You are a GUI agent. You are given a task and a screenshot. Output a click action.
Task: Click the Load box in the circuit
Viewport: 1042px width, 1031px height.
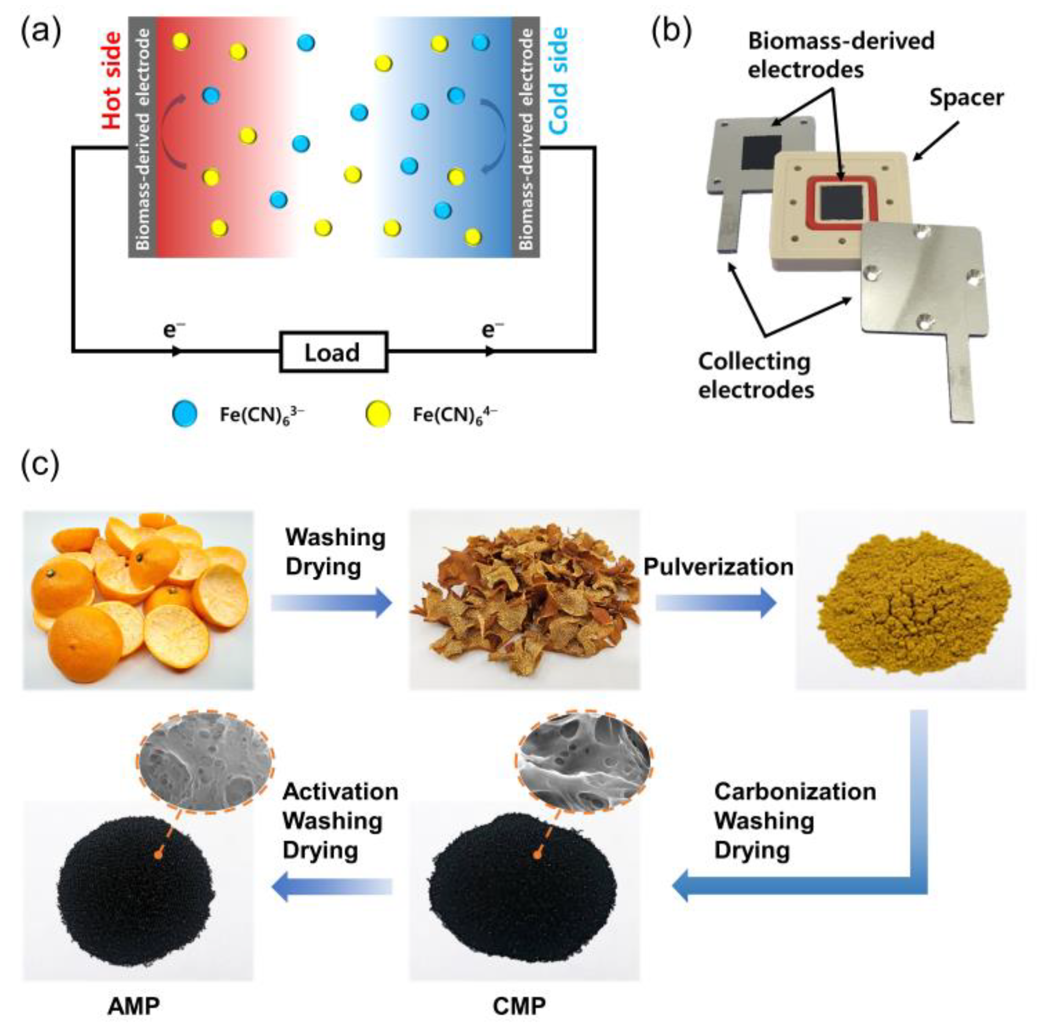[x=333, y=352]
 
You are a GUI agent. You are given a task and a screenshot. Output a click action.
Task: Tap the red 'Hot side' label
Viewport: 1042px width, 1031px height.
[x=112, y=81]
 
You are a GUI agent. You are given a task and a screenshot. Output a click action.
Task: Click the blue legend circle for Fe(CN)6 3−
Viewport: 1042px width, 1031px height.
[x=184, y=414]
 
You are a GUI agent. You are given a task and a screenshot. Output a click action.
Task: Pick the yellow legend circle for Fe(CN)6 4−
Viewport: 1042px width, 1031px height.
[x=378, y=414]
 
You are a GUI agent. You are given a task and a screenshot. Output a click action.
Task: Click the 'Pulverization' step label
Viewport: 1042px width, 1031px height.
[x=718, y=567]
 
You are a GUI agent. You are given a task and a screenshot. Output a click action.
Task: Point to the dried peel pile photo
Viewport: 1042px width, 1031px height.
[x=525, y=600]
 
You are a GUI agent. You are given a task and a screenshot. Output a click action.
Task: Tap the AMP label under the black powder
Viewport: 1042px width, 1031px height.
[x=134, y=1006]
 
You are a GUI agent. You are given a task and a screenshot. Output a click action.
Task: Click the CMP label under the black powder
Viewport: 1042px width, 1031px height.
[x=519, y=1006]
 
